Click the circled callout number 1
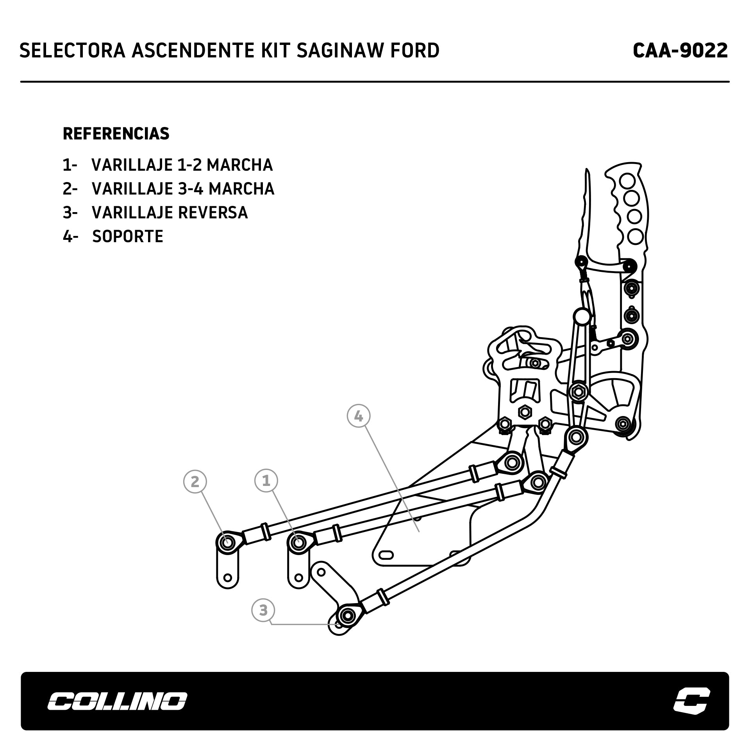pyautogui.click(x=266, y=480)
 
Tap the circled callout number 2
pyautogui.click(x=195, y=482)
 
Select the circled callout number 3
pyautogui.click(x=263, y=610)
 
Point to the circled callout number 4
pyautogui.click(x=358, y=416)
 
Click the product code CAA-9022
pyautogui.click(x=680, y=51)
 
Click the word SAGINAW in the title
pyautogui.click(x=332, y=51)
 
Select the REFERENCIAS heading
pyautogui.click(x=116, y=134)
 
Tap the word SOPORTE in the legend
pyautogui.click(x=128, y=236)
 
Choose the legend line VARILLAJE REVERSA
pyautogui.click(x=170, y=212)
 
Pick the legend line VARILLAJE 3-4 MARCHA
pyautogui.click(x=183, y=189)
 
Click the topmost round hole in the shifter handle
pyautogui.click(x=629, y=181)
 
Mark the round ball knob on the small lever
pyautogui.click(x=581, y=316)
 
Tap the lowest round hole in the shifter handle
pyautogui.click(x=635, y=236)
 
